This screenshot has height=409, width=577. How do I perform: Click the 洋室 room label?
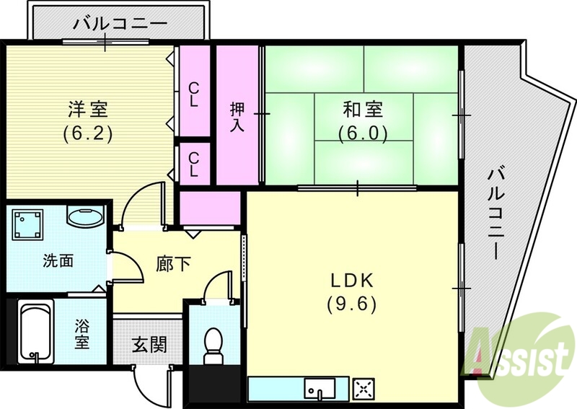(x=88, y=110)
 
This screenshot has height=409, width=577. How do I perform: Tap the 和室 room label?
(x=363, y=110)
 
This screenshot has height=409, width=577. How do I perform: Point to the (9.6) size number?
(x=353, y=304)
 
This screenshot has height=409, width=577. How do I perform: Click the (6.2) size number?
(x=88, y=134)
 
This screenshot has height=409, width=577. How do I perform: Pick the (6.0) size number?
(x=364, y=133)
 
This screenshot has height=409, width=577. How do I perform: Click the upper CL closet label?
(x=193, y=94)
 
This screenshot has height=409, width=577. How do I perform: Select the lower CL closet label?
(x=194, y=163)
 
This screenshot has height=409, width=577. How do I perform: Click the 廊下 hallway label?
(x=174, y=264)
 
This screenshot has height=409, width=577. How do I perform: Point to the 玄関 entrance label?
(x=149, y=345)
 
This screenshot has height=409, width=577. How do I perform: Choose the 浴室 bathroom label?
(x=83, y=334)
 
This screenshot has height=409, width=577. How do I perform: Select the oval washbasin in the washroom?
(x=85, y=216)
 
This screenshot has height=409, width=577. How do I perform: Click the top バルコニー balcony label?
(x=120, y=23)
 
